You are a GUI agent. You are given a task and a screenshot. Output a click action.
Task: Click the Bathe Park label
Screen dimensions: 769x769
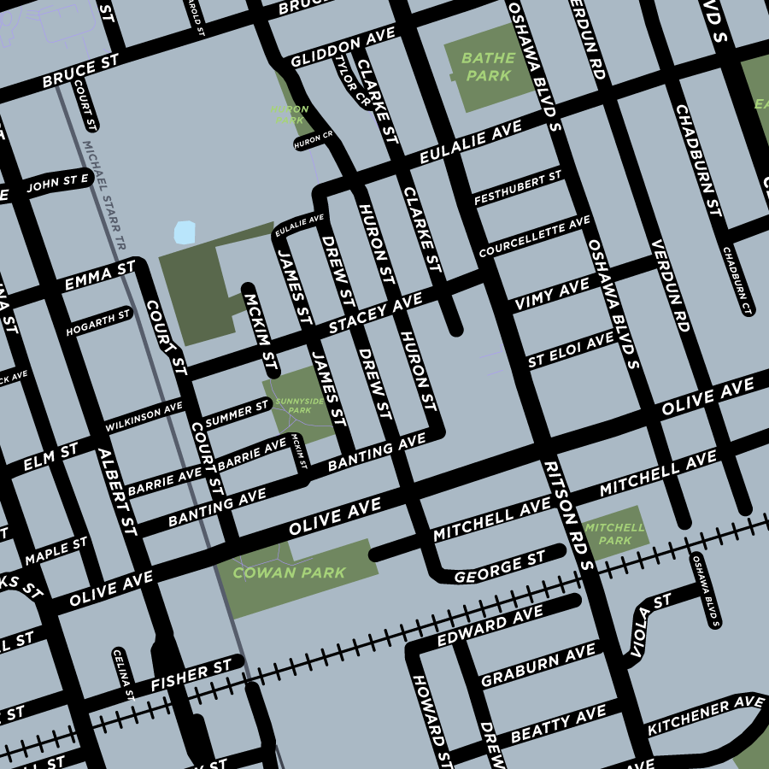(x=488, y=67)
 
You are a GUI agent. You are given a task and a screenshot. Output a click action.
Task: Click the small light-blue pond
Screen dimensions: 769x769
(x=185, y=232)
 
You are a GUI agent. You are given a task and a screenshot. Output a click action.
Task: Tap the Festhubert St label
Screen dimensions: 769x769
(x=518, y=188)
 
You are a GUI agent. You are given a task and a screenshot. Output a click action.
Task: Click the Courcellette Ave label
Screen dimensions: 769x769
(x=534, y=238)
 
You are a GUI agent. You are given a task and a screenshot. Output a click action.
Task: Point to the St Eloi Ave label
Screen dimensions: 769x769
(x=571, y=350)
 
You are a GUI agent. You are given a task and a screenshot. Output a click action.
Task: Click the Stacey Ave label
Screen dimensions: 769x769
(x=376, y=314)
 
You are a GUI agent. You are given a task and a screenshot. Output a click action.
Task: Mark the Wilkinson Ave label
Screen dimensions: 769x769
(x=144, y=416)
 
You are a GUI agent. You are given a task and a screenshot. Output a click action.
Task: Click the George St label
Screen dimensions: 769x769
(x=499, y=567)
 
